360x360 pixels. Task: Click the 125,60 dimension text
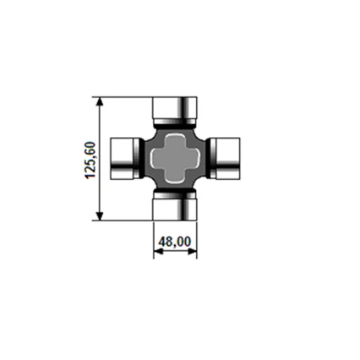coord(90,160)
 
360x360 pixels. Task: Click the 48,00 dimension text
coord(175,242)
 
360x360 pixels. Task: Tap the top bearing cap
coord(175,108)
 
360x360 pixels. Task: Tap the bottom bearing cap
coord(175,209)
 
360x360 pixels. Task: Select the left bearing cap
coord(122,159)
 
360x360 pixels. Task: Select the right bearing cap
coord(228,159)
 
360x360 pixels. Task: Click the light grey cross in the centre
coord(175,159)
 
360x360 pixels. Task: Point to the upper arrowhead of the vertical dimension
coord(99,101)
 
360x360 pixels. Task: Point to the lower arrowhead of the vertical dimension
coord(99,215)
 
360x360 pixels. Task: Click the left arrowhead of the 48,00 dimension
coord(158,252)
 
